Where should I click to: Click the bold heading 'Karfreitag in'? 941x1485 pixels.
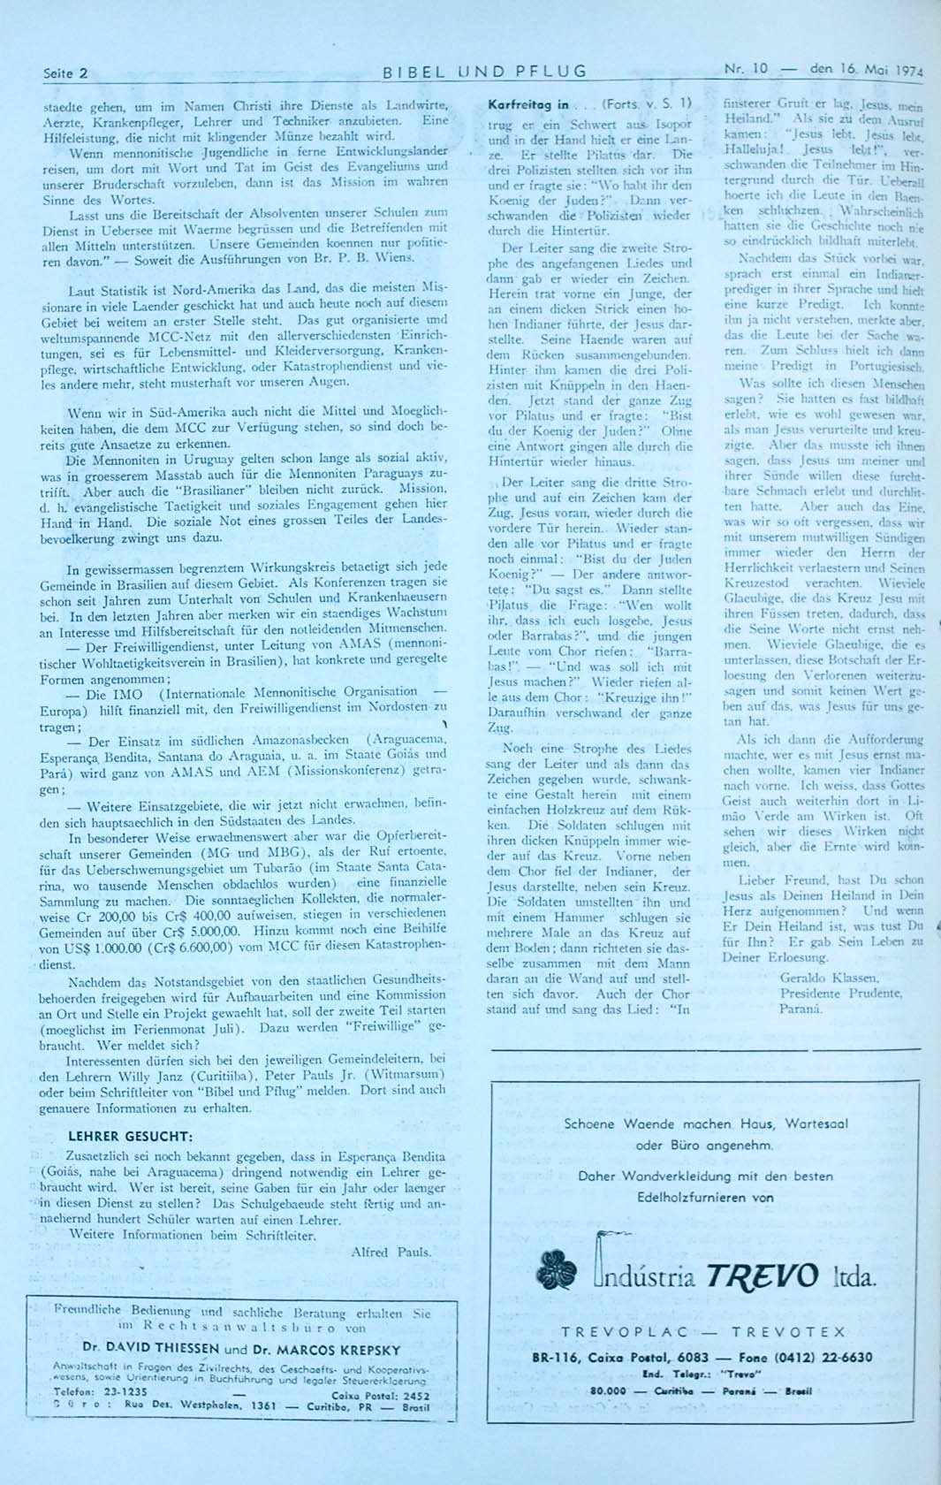528,104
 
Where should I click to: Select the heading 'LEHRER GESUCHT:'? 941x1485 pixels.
129,1136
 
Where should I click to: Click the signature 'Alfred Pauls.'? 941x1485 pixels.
391,1252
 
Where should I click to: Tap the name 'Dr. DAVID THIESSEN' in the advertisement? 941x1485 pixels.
150,1349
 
